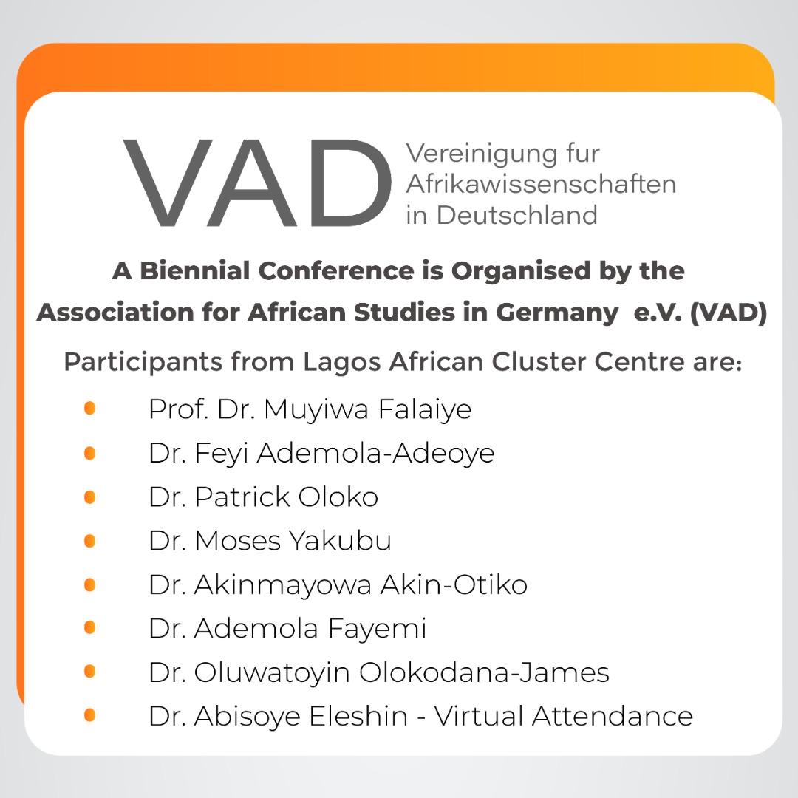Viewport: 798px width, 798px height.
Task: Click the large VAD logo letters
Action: click(x=257, y=183)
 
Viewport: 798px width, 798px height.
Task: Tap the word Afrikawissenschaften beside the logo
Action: click(x=541, y=184)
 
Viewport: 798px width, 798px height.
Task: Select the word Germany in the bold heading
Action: click(x=557, y=313)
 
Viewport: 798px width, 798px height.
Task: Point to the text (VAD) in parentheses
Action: click(x=729, y=313)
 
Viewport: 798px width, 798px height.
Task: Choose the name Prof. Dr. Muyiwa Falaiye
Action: click(x=310, y=409)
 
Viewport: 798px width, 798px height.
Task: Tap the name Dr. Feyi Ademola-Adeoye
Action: click(x=321, y=454)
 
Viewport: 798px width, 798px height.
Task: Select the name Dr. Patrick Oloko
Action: click(x=264, y=497)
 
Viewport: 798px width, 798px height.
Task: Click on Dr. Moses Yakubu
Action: click(x=270, y=541)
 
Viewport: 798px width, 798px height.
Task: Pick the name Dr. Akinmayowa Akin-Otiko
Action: click(x=338, y=584)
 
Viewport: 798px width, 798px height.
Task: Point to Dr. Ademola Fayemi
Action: click(x=287, y=629)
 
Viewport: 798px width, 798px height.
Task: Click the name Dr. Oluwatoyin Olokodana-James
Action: click(x=379, y=672)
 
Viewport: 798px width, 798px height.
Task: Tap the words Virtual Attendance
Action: click(x=563, y=716)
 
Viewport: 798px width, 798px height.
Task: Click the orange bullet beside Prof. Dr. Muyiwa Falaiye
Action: click(x=89, y=408)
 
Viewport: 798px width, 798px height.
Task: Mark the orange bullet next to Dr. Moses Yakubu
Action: click(x=89, y=540)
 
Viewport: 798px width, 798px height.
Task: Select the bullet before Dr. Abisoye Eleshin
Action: click(x=89, y=715)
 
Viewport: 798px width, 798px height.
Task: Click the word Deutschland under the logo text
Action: click(x=517, y=215)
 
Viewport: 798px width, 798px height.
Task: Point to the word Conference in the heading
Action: click(x=336, y=270)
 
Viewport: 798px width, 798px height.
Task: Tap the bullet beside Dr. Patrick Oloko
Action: click(x=89, y=497)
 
